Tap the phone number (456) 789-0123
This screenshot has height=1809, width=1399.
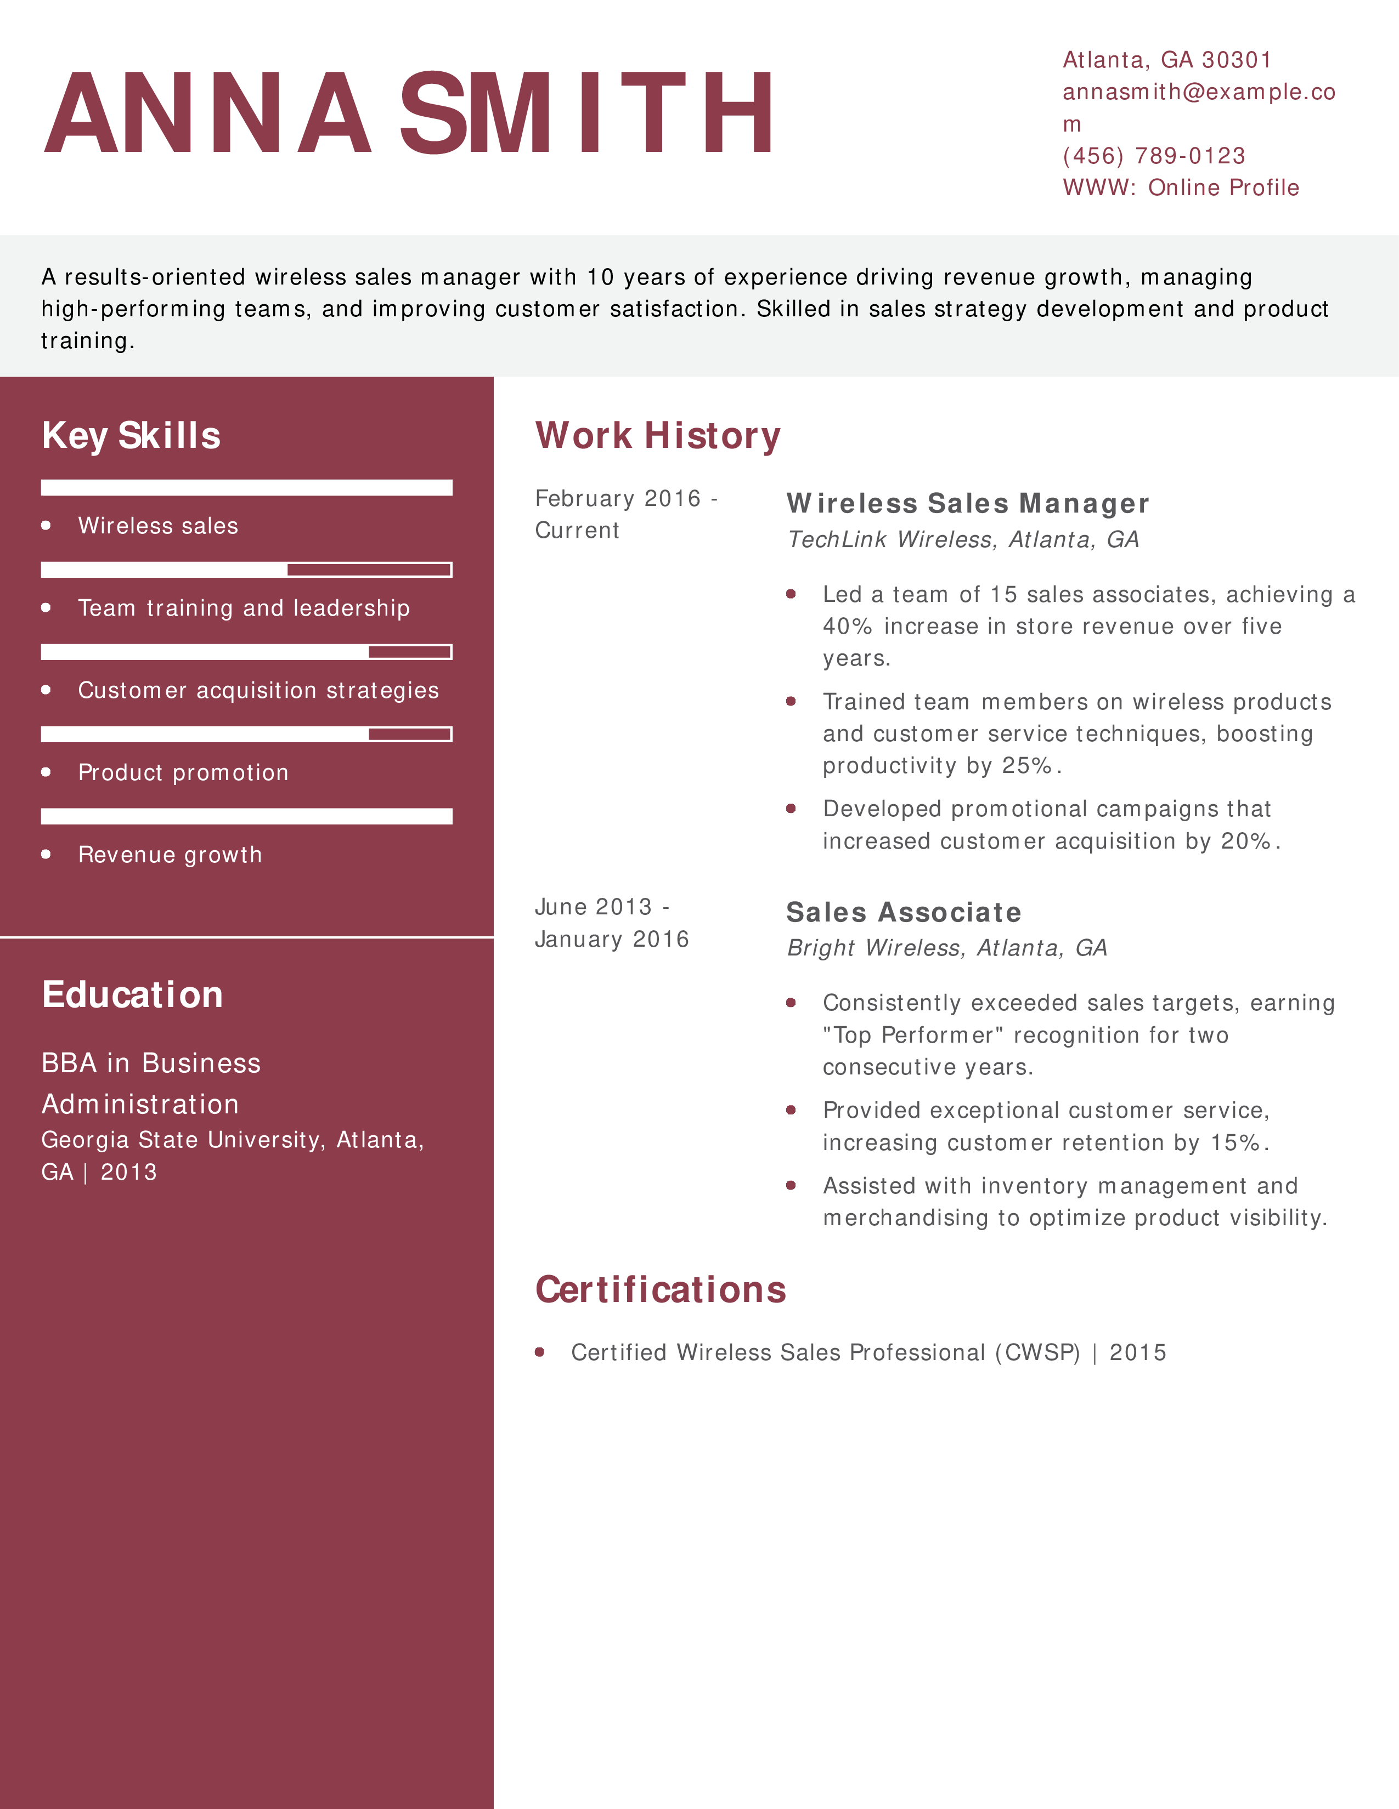1154,156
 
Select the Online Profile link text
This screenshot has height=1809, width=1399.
1223,188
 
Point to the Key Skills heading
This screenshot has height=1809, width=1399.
131,436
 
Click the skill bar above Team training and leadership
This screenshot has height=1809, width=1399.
246,570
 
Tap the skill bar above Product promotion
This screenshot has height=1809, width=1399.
246,734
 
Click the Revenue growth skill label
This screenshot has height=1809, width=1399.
170,855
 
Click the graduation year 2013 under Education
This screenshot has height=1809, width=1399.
128,1172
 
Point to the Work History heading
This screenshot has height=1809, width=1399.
658,436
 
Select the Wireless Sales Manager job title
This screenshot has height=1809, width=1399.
967,504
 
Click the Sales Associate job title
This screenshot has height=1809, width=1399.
904,913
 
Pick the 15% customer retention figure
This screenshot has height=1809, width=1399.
1236,1143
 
